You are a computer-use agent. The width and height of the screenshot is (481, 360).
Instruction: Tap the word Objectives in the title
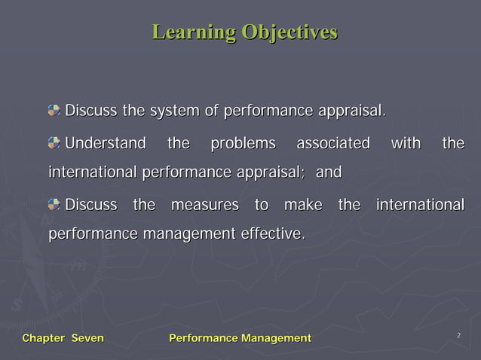pyautogui.click(x=290, y=32)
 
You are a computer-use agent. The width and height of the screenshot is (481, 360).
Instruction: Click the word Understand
pyautogui.click(x=105, y=143)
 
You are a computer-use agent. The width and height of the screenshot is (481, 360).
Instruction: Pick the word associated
pyautogui.click(x=332, y=143)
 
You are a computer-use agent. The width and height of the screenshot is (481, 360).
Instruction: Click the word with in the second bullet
pyautogui.click(x=406, y=143)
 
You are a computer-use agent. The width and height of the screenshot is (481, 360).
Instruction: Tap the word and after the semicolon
pyautogui.click(x=328, y=173)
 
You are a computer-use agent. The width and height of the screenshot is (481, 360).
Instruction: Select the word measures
pyautogui.click(x=205, y=205)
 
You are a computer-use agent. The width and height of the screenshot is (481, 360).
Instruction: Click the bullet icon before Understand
pyautogui.click(x=54, y=143)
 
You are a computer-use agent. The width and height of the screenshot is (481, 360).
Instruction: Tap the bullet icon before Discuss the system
pyautogui.click(x=54, y=111)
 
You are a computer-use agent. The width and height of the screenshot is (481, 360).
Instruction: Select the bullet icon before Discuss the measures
pyautogui.click(x=54, y=205)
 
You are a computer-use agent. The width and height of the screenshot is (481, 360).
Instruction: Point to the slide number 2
pyautogui.click(x=458, y=334)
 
